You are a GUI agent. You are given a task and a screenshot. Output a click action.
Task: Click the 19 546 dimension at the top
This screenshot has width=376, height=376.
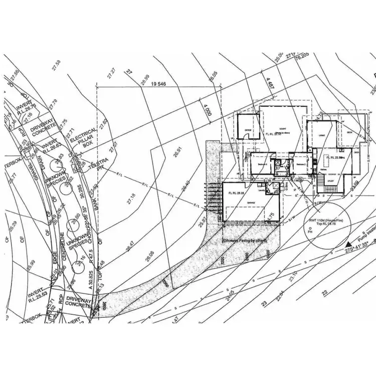pos(158,84)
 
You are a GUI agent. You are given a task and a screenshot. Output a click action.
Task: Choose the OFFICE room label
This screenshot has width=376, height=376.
pos(247,130)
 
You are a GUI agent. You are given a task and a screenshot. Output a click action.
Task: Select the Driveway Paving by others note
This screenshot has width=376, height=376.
pos(245,241)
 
